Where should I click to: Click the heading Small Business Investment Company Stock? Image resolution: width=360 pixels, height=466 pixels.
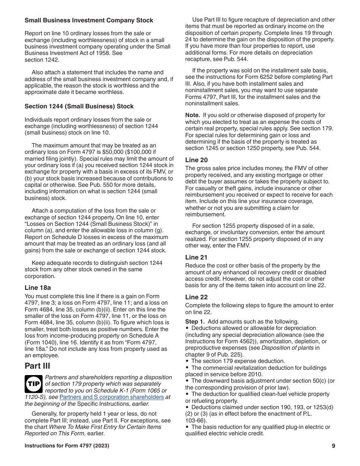[89, 20]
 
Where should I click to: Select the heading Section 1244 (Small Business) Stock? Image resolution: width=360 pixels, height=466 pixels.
[79, 106]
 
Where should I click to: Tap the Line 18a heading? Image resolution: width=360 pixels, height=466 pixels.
[38, 288]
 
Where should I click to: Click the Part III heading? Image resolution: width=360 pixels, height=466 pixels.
[38, 366]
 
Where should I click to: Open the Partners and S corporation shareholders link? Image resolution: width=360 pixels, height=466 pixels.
[112, 397]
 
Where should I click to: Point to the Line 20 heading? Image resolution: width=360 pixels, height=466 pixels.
[196, 160]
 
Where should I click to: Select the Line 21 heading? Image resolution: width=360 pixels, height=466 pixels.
[196, 257]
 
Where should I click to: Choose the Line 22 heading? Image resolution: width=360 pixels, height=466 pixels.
[196, 297]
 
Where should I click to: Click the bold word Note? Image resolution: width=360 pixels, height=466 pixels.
[192, 115]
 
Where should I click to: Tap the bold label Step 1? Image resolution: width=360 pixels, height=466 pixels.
[195, 322]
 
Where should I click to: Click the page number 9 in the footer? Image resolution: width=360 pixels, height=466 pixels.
[333, 446]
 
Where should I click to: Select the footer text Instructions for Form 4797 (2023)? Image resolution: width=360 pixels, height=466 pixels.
[67, 446]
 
